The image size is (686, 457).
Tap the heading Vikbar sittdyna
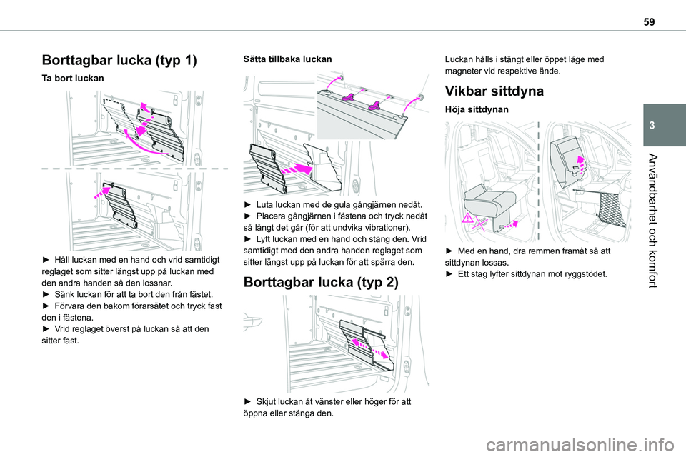[494, 91]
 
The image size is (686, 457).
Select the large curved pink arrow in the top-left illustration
[146, 143]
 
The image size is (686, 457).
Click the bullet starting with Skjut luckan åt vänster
[328, 408]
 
